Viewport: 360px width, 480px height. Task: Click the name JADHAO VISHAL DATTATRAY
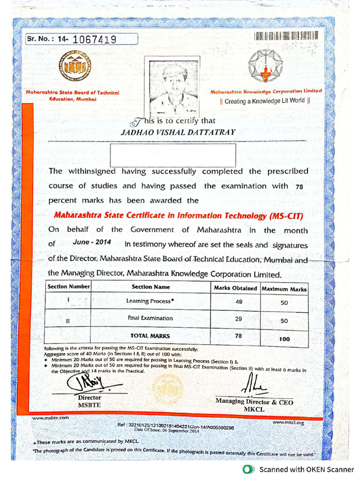pyautogui.click(x=178, y=132)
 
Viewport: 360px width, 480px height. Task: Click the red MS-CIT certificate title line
pyautogui.click(x=179, y=216)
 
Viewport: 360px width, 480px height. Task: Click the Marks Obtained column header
pyautogui.click(x=235, y=288)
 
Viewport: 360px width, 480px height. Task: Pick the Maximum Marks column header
pyautogui.click(x=284, y=289)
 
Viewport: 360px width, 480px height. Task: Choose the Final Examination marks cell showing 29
pyautogui.click(x=239, y=319)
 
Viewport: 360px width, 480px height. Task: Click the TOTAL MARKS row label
pyautogui.click(x=150, y=336)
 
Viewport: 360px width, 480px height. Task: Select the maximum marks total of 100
pyautogui.click(x=284, y=339)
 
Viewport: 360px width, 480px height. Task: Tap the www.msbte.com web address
pyautogui.click(x=51, y=417)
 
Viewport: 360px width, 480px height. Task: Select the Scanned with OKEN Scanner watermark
pyautogui.click(x=300, y=469)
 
